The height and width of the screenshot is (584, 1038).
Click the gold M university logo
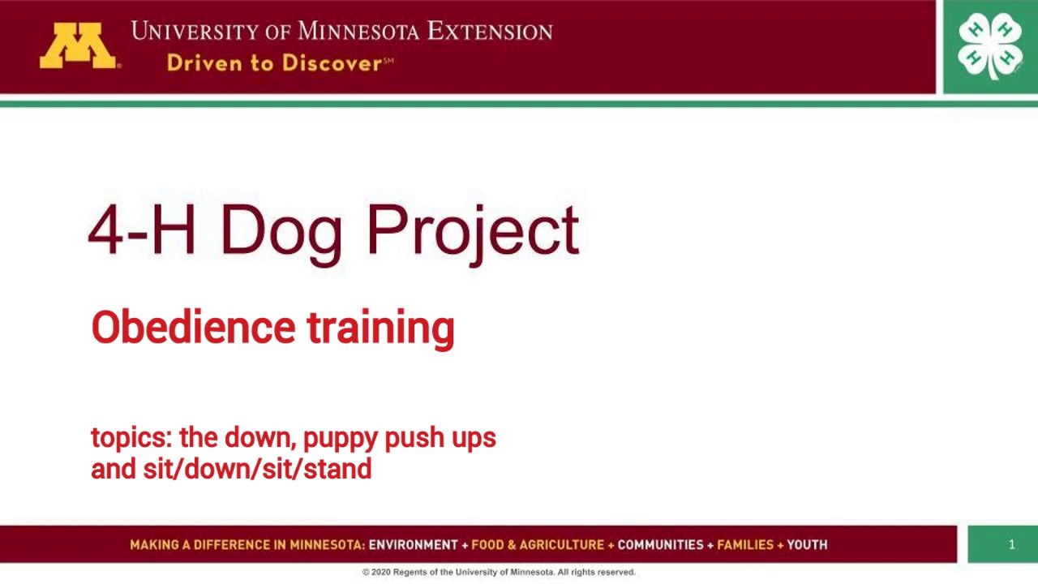79,45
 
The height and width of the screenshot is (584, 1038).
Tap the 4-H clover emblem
989,45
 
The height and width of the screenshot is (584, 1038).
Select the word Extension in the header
490,32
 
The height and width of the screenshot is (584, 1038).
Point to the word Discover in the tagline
331,63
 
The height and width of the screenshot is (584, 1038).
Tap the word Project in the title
473,231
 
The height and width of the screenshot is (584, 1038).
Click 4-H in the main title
142,230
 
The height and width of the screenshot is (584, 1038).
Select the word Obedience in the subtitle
193,328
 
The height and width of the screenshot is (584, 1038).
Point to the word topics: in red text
131,438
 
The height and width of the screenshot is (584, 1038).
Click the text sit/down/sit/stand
257,469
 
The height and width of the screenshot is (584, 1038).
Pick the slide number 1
1011,544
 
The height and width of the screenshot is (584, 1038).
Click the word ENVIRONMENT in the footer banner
414,545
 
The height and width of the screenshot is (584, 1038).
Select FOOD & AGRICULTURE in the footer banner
538,545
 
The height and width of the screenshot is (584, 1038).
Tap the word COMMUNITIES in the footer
661,545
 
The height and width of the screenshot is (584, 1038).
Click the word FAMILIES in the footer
745,545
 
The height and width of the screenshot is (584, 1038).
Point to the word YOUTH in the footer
807,545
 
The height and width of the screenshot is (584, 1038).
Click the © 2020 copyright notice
499,572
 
